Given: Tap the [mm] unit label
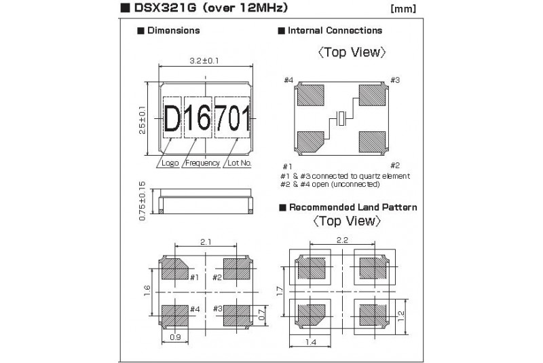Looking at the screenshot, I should pos(404,10).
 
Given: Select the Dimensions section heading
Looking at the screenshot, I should pos(173,31).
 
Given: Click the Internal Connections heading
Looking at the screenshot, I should pos(335,31).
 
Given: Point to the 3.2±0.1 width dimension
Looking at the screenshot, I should pos(206,61).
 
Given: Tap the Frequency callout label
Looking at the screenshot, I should pos(202,163).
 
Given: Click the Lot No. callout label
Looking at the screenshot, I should pos(239,163).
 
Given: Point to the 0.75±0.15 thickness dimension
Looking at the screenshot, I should pos(143,201).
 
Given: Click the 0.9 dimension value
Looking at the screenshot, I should pos(175,336).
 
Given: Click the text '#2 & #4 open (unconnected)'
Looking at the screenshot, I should pos(330,184).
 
